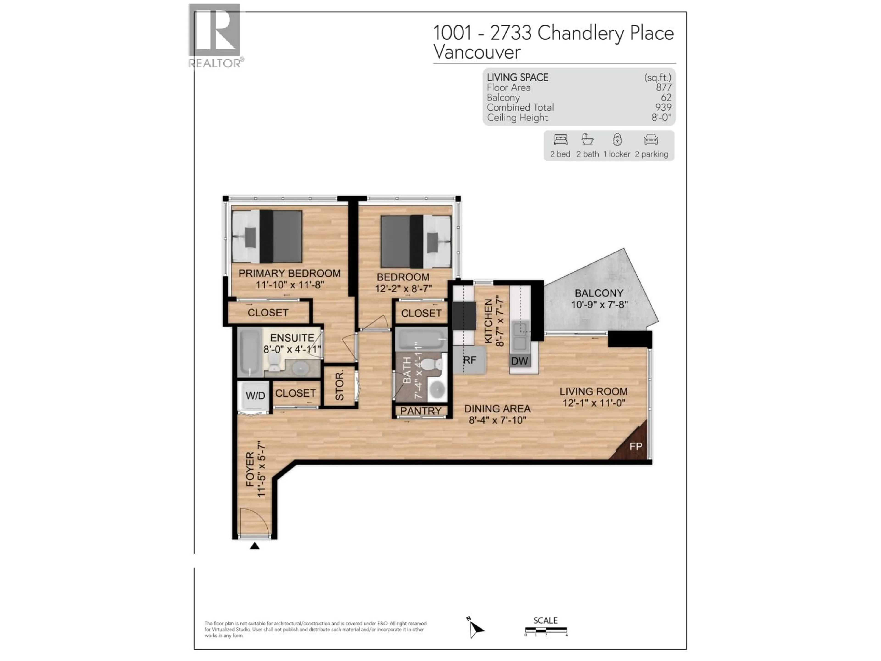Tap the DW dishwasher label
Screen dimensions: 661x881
point(519,361)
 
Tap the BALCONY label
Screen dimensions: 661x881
point(599,293)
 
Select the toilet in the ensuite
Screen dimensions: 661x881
point(274,361)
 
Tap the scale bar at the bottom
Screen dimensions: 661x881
point(546,630)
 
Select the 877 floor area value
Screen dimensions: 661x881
point(664,87)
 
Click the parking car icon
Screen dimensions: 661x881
point(651,140)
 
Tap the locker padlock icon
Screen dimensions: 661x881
point(617,140)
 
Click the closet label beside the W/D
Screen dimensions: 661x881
point(295,393)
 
